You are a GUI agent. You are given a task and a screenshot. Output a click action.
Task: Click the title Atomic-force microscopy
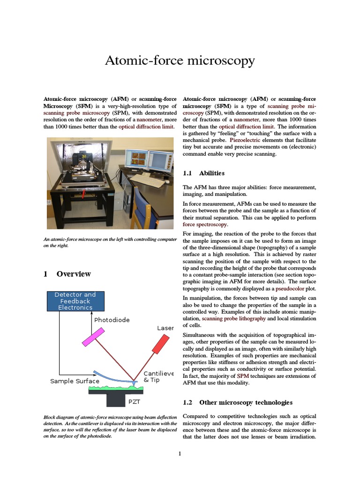180,60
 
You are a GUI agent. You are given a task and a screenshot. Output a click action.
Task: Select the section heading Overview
73,274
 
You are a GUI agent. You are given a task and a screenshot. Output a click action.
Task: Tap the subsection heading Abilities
211,173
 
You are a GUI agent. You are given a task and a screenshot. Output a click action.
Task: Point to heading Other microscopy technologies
246,402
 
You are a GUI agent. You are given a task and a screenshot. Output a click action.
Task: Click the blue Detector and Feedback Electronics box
75,301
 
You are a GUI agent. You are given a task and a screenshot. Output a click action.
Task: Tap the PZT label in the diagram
134,402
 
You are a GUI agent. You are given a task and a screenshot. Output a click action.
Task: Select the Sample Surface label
75,381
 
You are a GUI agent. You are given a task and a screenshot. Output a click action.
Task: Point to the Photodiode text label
112,320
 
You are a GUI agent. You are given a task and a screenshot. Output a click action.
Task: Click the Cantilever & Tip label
158,376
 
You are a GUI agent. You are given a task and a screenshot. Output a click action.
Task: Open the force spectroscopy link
201,225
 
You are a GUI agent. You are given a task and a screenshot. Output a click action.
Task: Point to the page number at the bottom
180,453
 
